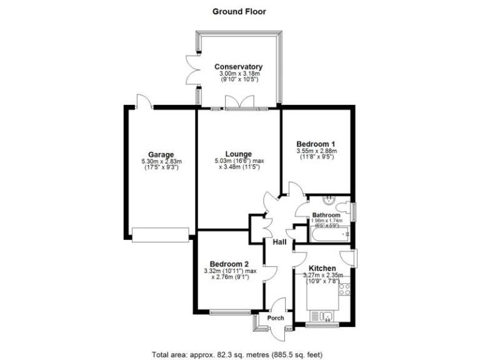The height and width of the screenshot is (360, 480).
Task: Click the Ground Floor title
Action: pos(239,11)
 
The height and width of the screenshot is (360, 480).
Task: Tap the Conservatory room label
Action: pos(238,67)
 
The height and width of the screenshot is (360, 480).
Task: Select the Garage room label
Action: pos(161,155)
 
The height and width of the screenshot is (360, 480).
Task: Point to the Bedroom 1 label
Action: pos(315,143)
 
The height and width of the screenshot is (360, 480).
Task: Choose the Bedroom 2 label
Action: pos(229,263)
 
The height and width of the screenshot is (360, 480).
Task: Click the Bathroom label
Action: pos(326,215)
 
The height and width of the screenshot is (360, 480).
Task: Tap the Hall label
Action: pos(279,242)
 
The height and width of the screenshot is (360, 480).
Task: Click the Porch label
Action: pos(276,318)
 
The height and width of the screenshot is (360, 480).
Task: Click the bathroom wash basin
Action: pos(329,200)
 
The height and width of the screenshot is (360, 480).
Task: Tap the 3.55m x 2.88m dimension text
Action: pos(315,151)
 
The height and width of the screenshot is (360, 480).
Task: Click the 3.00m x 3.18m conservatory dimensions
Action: pos(238,74)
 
